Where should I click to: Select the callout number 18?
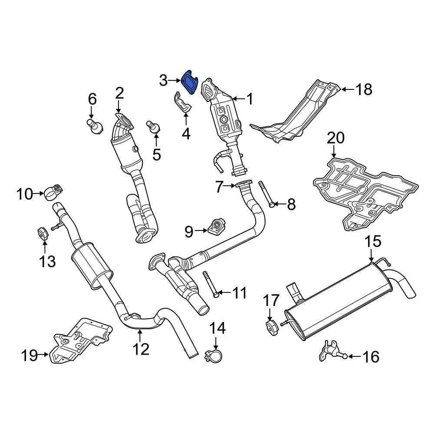tap(364, 90)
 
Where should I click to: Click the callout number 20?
tap(335, 138)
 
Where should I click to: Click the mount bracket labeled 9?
tap(215, 227)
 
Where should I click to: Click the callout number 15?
tap(372, 241)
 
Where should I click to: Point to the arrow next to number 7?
tap(230, 187)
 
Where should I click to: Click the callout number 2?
tap(119, 93)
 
